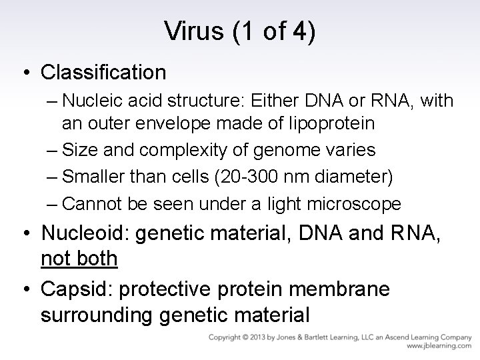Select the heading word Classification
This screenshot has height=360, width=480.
tap(103, 71)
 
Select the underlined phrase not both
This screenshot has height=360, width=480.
tap(79, 258)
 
